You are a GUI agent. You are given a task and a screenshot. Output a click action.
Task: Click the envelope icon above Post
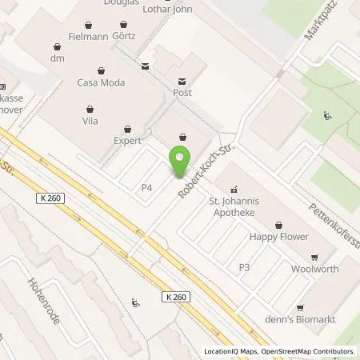(182, 81)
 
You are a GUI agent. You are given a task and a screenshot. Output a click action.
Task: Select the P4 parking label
(147, 187)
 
